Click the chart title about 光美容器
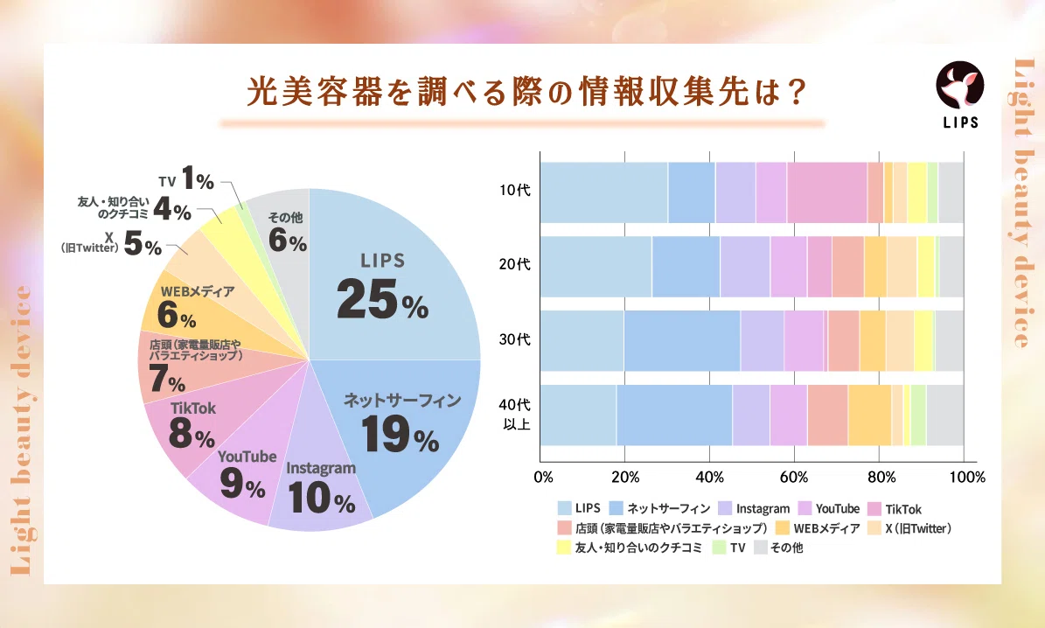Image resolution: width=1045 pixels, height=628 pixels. pyautogui.click(x=522, y=93)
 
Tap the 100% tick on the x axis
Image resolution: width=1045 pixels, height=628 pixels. pyautogui.click(x=965, y=478)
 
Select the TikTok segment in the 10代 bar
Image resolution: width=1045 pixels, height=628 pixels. pyautogui.click(x=826, y=192)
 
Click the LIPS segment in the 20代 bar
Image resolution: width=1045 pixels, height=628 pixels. pyautogui.click(x=596, y=266)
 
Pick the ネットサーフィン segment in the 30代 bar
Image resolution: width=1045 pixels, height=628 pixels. pyautogui.click(x=682, y=340)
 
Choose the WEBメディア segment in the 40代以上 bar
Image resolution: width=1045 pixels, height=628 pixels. pyautogui.click(x=869, y=415)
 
